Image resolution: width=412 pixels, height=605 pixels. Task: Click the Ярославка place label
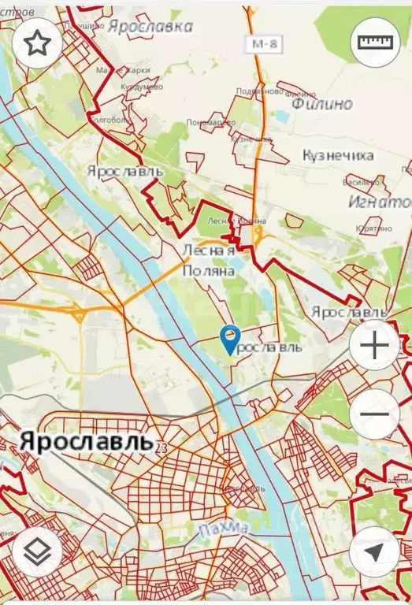[150, 26]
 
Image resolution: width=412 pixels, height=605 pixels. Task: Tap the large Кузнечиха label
[338, 155]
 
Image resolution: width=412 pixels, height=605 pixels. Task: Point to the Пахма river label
[213, 527]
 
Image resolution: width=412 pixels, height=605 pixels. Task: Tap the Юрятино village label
[373, 228]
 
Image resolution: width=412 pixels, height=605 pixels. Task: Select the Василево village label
[362, 182]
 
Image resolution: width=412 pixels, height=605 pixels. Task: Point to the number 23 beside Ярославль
[161, 447]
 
